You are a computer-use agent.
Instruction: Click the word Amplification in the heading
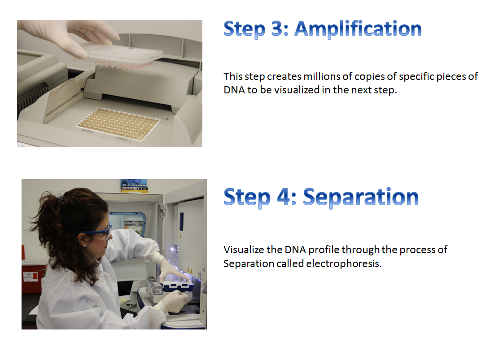(358, 29)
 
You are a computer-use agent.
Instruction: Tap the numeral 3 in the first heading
(277, 28)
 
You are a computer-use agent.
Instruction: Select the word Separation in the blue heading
(361, 197)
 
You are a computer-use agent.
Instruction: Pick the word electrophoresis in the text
(344, 263)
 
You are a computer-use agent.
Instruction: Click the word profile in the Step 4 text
(324, 250)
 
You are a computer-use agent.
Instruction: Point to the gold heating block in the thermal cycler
(118, 124)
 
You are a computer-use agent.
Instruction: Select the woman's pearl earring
(84, 246)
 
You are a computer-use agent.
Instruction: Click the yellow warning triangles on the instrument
(190, 270)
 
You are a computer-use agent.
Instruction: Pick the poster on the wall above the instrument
(134, 186)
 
